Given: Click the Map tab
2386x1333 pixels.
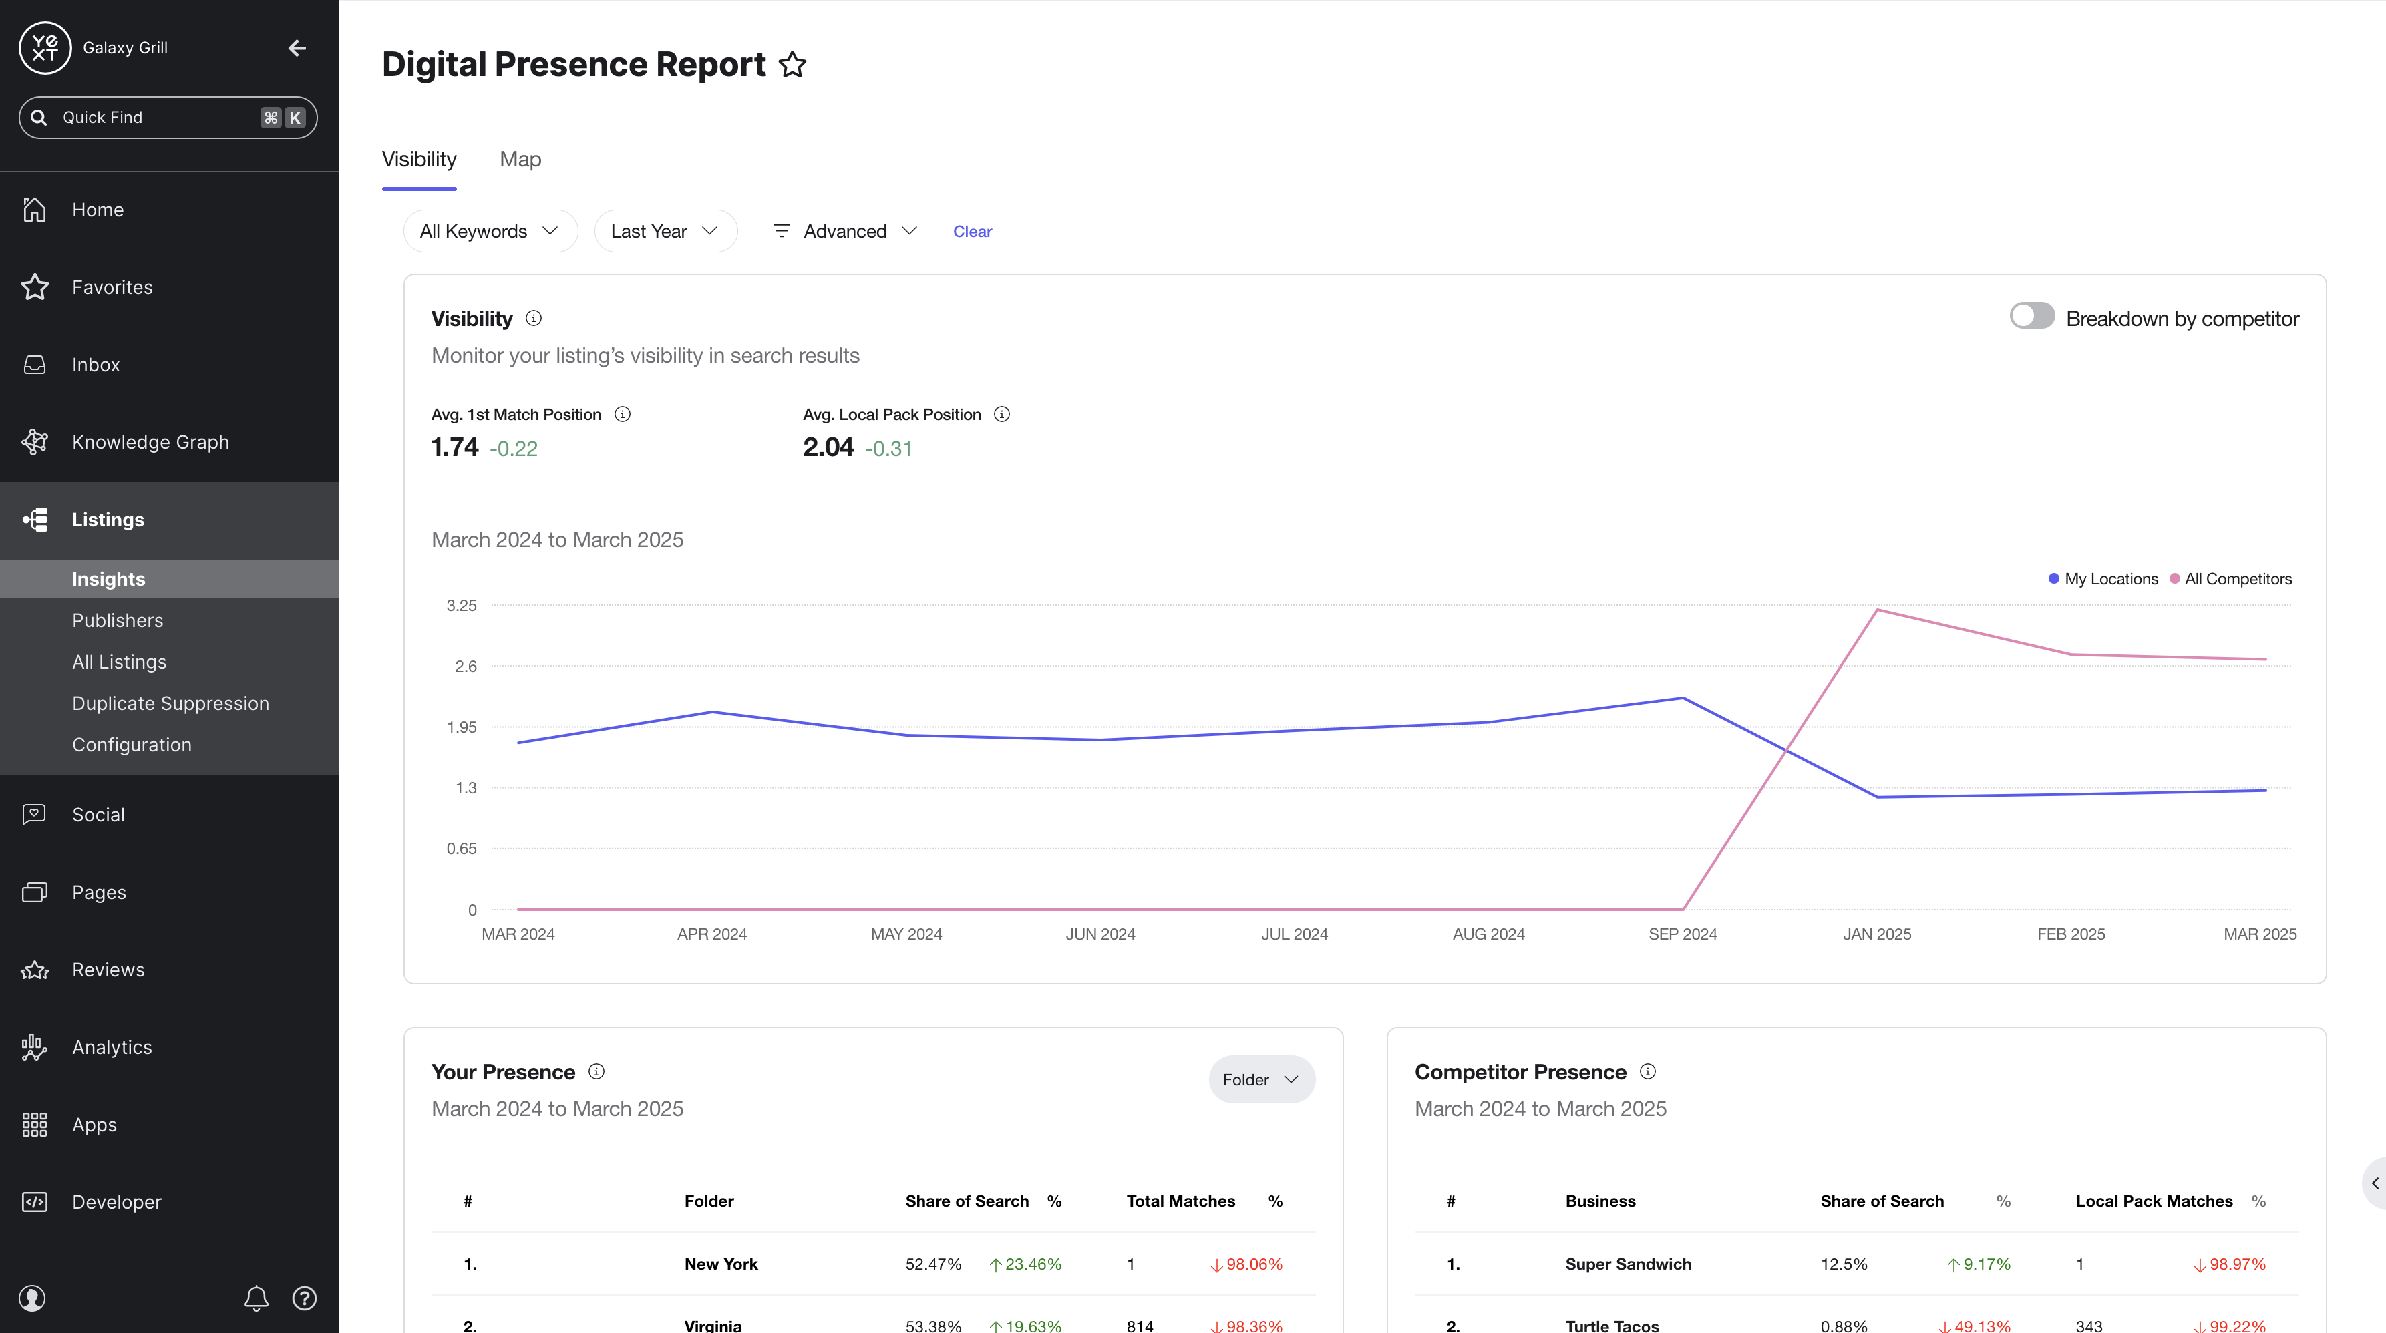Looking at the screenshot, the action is (520, 160).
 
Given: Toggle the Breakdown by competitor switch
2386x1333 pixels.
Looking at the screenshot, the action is (2031, 316).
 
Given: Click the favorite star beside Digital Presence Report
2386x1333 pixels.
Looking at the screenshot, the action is (792, 65).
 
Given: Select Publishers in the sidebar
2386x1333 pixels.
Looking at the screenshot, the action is (118, 620).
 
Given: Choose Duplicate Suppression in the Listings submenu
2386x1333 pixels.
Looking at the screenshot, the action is (170, 703).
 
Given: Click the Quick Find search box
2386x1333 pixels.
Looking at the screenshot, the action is (168, 118).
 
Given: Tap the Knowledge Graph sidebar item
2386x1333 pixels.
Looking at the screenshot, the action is (150, 442).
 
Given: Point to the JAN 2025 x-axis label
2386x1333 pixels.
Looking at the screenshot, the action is (1876, 934).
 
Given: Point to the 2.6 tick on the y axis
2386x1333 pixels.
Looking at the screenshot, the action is (466, 666).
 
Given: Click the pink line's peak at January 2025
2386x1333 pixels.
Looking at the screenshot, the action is (1876, 610).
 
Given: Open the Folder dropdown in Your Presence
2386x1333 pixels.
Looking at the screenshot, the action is (1260, 1079).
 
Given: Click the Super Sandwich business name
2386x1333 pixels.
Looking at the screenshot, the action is (1627, 1264).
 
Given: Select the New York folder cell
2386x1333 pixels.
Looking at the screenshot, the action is (721, 1264).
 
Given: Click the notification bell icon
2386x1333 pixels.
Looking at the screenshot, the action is (257, 1298).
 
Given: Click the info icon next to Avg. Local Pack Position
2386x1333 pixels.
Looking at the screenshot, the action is (1001, 414).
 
